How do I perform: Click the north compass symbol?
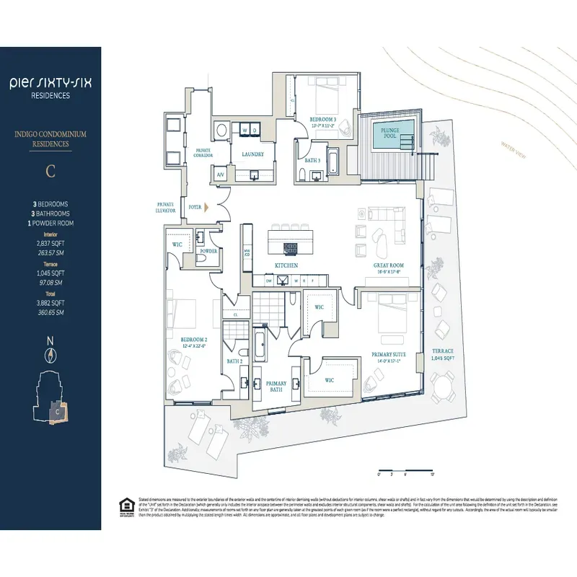point(50,354)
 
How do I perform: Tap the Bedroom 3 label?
point(322,120)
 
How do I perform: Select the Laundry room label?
point(252,154)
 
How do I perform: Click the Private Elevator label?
point(166,207)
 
